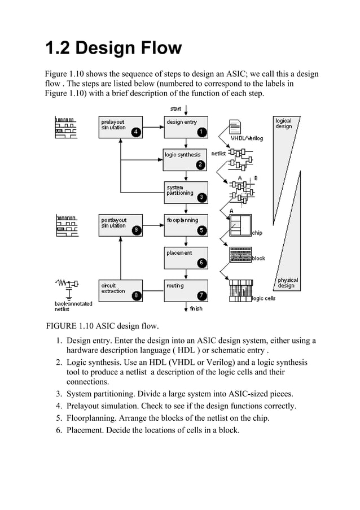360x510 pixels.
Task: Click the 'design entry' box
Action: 186,127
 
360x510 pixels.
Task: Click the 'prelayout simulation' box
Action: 121,127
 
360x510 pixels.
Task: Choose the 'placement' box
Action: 186,258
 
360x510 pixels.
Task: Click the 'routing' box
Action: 186,290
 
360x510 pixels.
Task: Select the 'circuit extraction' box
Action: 121,290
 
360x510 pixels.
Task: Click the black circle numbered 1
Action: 201,132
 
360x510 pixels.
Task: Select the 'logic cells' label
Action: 264,298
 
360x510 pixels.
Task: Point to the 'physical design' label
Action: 287,283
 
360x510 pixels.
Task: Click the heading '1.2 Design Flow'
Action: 113,48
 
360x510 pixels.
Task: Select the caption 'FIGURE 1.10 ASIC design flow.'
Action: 102,326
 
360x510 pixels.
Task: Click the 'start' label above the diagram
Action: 175,108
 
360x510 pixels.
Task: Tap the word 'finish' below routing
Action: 196,308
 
